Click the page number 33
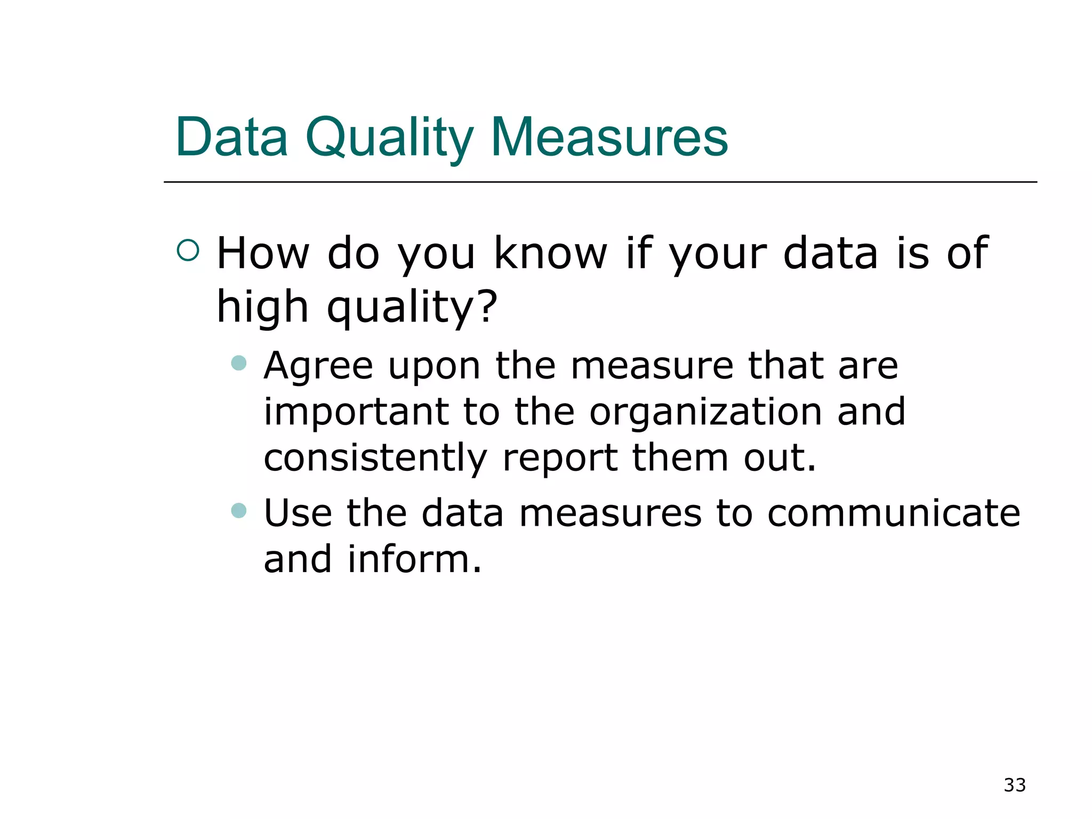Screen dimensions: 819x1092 point(1014,785)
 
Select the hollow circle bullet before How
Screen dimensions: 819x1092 point(188,250)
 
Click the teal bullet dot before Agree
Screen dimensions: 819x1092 point(238,363)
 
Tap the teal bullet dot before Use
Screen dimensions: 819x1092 point(238,510)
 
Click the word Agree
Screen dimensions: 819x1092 point(318,367)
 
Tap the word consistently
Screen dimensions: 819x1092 point(375,459)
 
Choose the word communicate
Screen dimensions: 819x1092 point(894,513)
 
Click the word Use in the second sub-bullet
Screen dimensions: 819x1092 point(298,513)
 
